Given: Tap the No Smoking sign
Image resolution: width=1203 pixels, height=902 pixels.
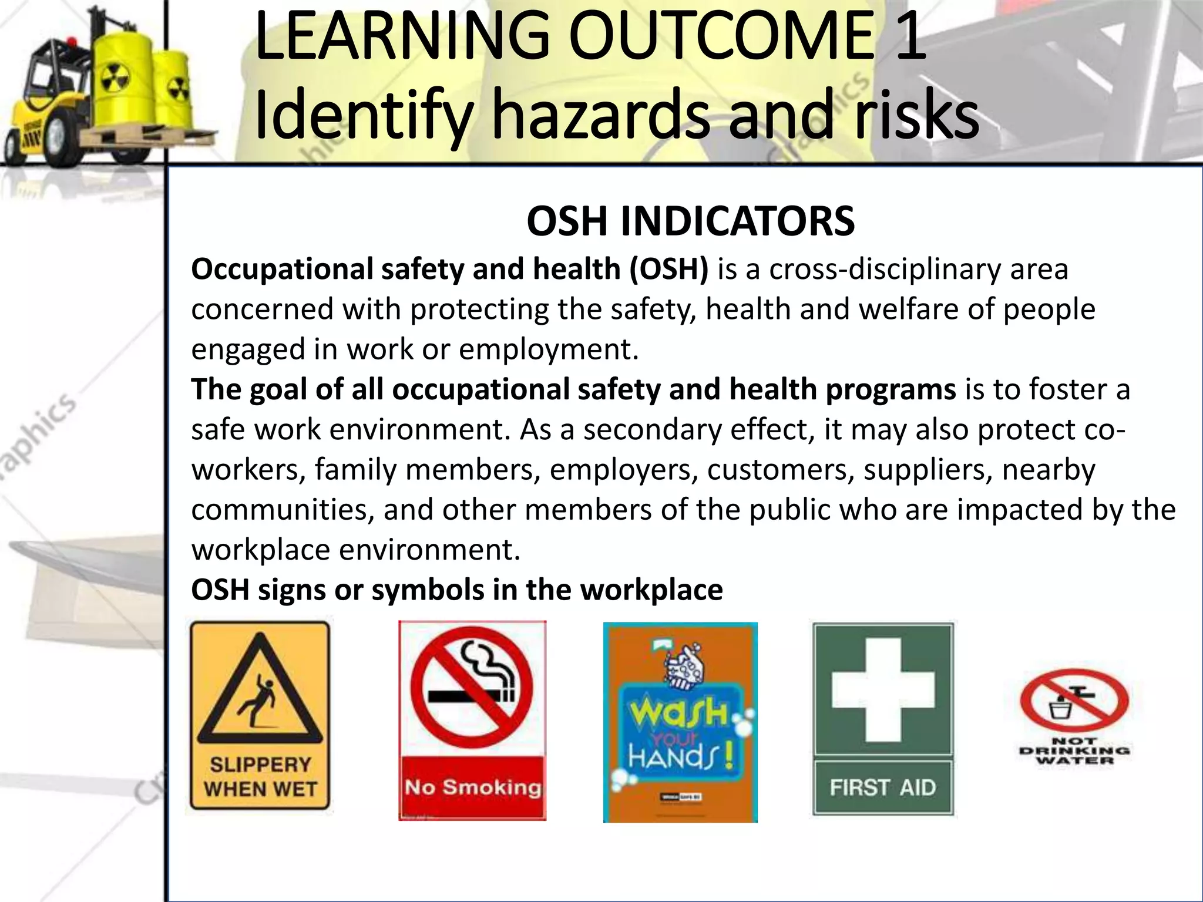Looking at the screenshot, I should pos(472,720).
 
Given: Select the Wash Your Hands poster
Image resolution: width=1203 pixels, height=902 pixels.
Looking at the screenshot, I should pos(680,722).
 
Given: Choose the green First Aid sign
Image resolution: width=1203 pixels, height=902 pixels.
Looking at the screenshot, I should pos(883,719).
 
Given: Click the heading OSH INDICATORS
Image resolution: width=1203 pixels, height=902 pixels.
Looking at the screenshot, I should pos(690,221).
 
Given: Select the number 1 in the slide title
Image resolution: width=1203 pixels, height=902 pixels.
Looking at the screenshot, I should pos(909,38).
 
